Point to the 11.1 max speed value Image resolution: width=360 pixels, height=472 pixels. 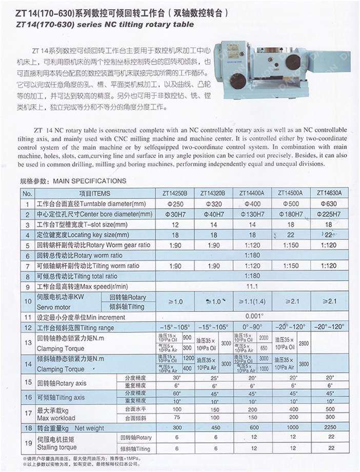251,286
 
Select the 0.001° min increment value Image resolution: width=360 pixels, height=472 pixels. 251,317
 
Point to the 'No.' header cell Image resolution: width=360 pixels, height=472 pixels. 28,193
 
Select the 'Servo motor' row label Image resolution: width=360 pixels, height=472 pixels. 54,306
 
